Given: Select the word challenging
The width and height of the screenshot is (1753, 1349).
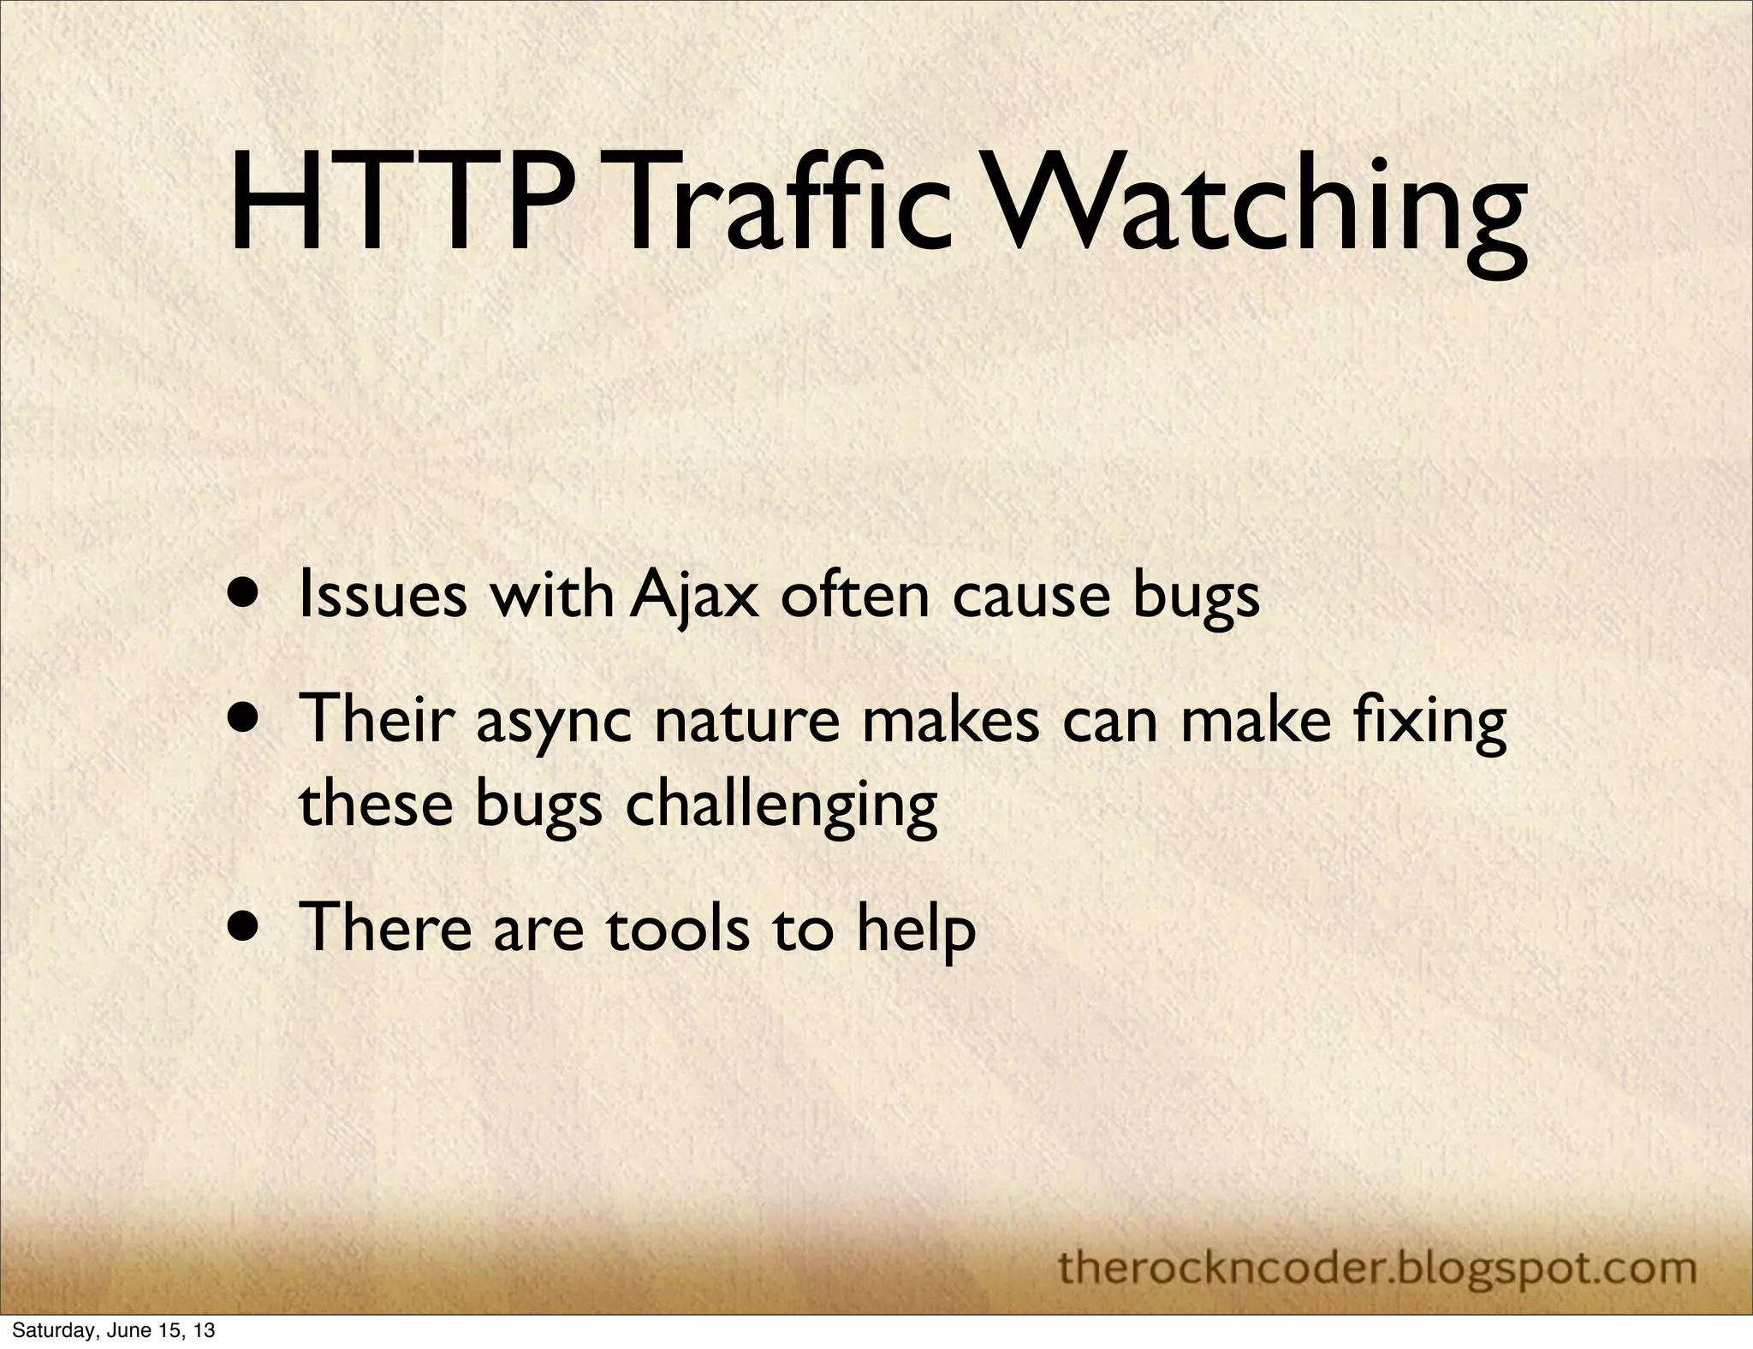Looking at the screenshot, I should [x=781, y=806].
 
